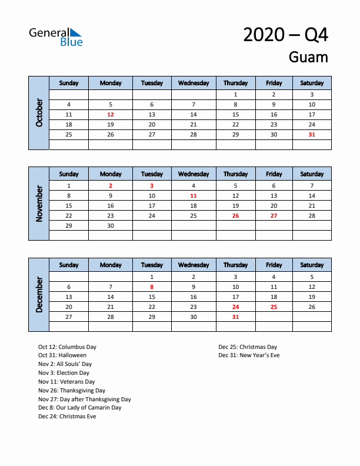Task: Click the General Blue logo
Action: [x=56, y=36]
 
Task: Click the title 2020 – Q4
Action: [x=285, y=35]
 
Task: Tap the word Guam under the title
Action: [x=308, y=58]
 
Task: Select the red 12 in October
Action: [x=111, y=115]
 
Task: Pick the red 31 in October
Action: [x=312, y=135]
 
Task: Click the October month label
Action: [x=39, y=113]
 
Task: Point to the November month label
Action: [x=39, y=204]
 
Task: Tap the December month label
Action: [x=39, y=295]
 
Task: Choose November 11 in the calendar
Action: [x=194, y=195]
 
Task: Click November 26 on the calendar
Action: [x=235, y=215]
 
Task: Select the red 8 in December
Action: [x=152, y=287]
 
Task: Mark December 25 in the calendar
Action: [x=274, y=307]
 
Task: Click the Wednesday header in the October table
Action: [x=194, y=83]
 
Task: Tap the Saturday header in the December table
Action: [x=312, y=265]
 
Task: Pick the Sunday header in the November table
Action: [x=69, y=174]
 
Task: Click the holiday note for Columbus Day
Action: [x=67, y=347]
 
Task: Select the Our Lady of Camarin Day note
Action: [x=79, y=408]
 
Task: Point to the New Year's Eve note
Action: [x=249, y=355]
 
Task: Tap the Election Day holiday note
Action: [x=64, y=373]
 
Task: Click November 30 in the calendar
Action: [x=111, y=225]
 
